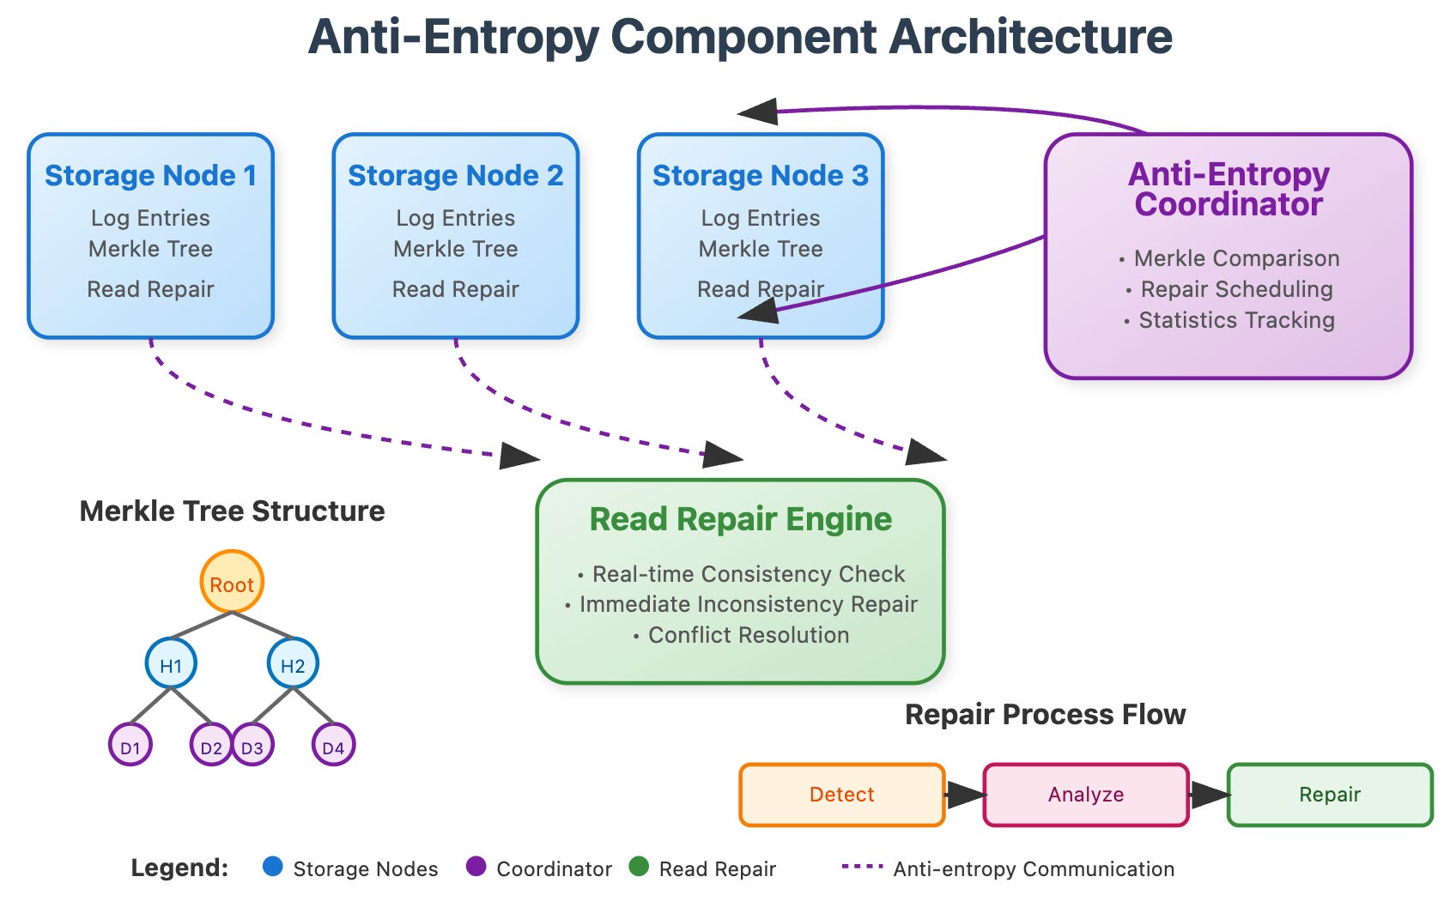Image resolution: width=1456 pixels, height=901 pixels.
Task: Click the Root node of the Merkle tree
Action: click(x=232, y=582)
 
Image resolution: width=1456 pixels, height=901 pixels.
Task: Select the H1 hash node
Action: click(x=171, y=663)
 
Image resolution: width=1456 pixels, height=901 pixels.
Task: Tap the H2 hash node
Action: click(x=293, y=663)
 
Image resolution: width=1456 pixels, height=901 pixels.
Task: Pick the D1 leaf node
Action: click(x=130, y=745)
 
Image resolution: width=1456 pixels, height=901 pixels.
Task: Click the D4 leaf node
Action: click(x=333, y=745)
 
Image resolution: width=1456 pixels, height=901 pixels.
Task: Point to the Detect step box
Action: click(x=841, y=795)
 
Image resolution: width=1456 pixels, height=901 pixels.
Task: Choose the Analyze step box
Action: click(x=1086, y=795)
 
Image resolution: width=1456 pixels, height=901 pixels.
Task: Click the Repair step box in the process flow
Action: click(x=1330, y=795)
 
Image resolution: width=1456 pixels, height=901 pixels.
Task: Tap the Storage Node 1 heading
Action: click(x=151, y=175)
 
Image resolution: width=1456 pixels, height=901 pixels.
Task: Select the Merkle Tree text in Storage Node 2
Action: click(x=456, y=249)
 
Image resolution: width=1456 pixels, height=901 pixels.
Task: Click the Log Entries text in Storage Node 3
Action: click(x=761, y=218)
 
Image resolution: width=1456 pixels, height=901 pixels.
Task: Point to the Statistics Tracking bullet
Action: click(x=1229, y=320)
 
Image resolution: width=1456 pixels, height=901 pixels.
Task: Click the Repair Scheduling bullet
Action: click(x=1229, y=289)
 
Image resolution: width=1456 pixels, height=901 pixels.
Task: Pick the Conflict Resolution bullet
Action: click(x=741, y=635)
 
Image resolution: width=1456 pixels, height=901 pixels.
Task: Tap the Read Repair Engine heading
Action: click(x=741, y=519)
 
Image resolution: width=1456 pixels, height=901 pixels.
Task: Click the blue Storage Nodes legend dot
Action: click(x=273, y=867)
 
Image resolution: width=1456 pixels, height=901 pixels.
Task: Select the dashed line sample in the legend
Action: click(x=863, y=867)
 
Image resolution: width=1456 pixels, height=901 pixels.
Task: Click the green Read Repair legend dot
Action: click(x=639, y=867)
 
